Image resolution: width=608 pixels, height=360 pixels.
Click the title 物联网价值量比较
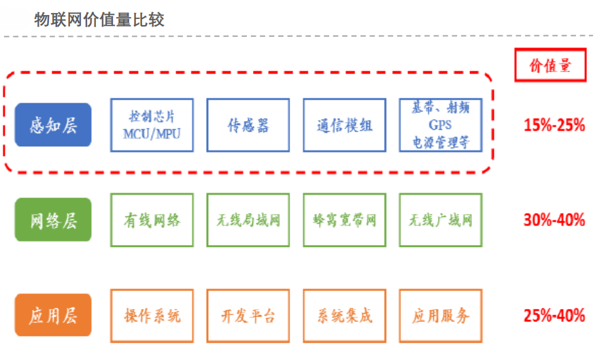point(99,20)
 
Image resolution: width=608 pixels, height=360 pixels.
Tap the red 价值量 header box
point(550,65)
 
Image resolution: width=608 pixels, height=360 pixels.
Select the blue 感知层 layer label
point(53,125)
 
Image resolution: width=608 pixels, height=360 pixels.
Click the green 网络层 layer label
point(53,220)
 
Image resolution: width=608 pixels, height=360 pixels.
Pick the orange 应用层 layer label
point(53,315)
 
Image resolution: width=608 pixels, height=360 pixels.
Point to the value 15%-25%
point(554,125)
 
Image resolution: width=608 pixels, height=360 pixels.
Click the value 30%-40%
point(554,220)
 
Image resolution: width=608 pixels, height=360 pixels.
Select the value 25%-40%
point(554,315)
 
